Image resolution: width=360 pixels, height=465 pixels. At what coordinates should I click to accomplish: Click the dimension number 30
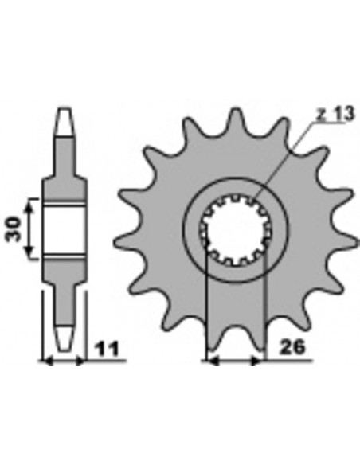(14, 229)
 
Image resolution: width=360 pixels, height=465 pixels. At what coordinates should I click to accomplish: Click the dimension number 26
(292, 347)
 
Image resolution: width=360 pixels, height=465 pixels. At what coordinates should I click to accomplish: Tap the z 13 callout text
(335, 114)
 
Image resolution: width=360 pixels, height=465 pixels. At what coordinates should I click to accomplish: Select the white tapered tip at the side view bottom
(65, 338)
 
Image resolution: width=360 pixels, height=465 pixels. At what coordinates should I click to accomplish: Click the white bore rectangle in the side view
(65, 229)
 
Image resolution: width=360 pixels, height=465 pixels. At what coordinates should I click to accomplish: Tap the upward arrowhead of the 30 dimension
(29, 204)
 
